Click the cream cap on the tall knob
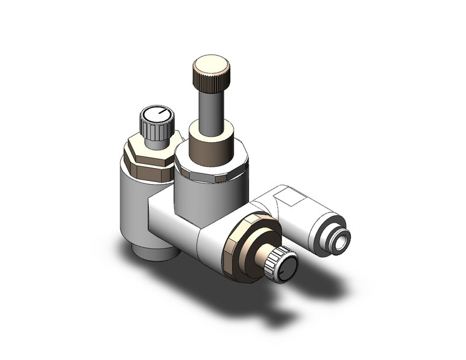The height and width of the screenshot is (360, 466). click(212, 63)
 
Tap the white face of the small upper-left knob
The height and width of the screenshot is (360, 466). click(157, 114)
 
